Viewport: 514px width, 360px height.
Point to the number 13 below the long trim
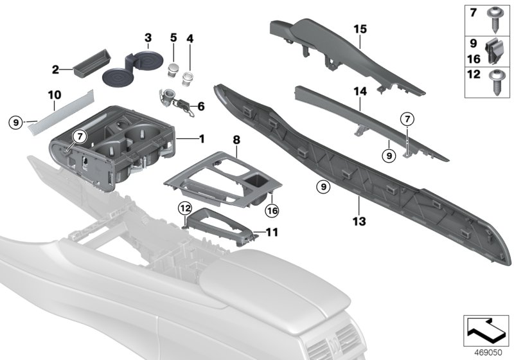359,222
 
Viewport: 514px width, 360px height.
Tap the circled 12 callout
185,207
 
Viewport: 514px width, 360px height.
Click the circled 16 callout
272,210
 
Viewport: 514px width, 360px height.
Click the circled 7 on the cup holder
78,136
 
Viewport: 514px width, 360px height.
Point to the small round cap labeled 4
188,79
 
